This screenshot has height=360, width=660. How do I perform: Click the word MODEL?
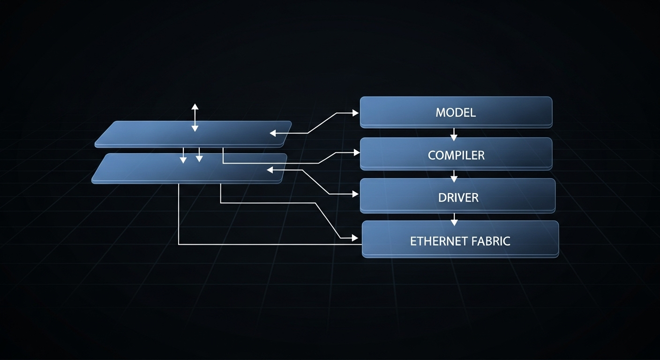(455, 112)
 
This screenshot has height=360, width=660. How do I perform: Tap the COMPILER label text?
(456, 155)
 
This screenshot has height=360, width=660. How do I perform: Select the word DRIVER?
(458, 198)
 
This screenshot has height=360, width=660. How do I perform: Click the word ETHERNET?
(439, 241)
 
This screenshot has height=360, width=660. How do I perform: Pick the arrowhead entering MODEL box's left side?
(355, 113)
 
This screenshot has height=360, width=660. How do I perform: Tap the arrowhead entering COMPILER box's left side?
(356, 152)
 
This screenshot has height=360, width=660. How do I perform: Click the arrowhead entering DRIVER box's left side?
(355, 194)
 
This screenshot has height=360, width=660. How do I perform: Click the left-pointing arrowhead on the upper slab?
(273, 134)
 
